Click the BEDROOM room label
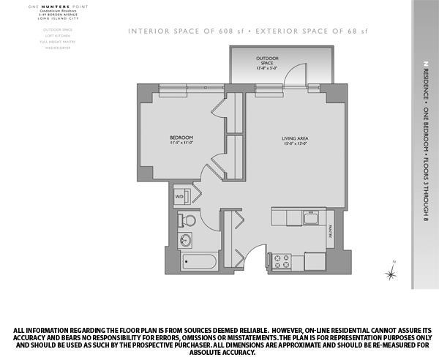coord(181,138)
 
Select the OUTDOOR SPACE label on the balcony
coord(267,58)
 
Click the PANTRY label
coord(331,231)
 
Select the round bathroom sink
coord(184,239)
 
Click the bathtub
coord(197,262)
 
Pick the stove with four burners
coord(282,260)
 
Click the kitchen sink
coord(309,217)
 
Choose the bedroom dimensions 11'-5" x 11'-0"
coord(181,143)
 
